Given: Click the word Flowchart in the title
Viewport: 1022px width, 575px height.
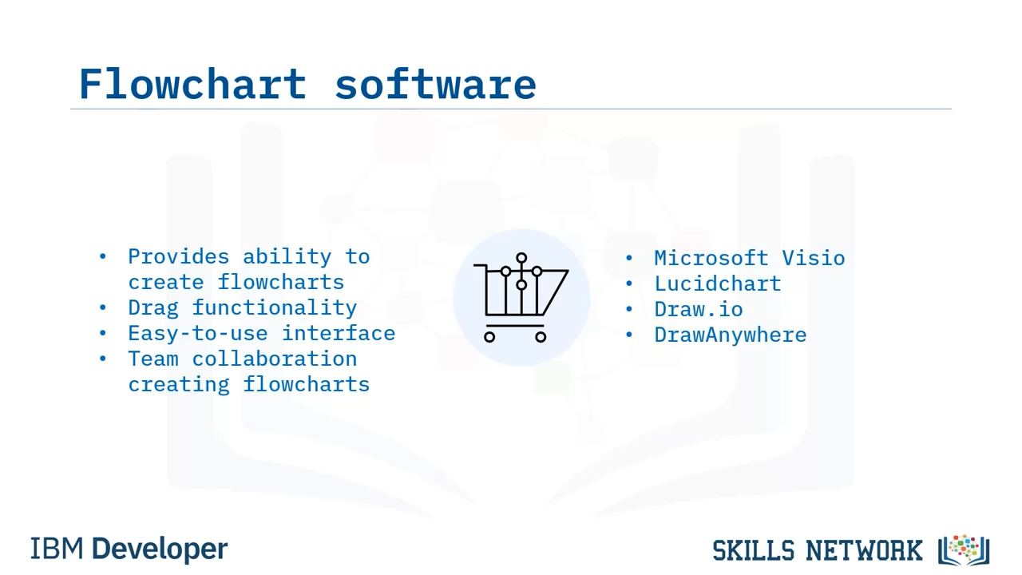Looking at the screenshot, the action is click(x=192, y=84).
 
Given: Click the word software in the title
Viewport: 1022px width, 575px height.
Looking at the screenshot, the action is click(x=436, y=84).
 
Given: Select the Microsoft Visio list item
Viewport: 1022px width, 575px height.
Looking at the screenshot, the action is click(x=750, y=258).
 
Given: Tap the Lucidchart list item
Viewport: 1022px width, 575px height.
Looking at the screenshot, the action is click(x=718, y=284).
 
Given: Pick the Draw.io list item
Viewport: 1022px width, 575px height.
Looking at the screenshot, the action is click(x=699, y=309).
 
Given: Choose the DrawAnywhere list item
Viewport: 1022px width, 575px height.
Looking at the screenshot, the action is click(x=731, y=335).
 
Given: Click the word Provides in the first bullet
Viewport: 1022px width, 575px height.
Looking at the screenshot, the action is click(x=178, y=257).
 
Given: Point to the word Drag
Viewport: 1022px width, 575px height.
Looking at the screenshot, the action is click(x=153, y=308).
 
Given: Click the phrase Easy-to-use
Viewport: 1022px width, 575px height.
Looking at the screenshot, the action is click(x=197, y=334).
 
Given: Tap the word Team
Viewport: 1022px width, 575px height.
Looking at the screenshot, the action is click(x=153, y=359).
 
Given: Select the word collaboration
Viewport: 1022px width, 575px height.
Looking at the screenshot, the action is click(x=274, y=359).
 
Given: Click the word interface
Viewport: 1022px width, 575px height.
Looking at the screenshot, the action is click(x=339, y=334).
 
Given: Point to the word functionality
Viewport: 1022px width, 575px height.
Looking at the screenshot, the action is click(x=274, y=308).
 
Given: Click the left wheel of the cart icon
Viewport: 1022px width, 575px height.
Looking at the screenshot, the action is click(x=489, y=337).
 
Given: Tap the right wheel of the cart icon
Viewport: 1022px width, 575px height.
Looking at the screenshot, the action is click(x=541, y=337).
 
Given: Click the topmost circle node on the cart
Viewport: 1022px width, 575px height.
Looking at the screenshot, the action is click(x=521, y=258).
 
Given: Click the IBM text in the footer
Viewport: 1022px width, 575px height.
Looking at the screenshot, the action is click(x=57, y=549).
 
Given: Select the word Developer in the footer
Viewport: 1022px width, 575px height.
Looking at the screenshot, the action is click(x=160, y=549).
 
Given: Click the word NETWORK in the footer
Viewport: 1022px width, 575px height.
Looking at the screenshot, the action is click(x=864, y=550).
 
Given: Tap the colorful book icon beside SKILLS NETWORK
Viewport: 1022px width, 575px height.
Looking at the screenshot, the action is click(x=964, y=550).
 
